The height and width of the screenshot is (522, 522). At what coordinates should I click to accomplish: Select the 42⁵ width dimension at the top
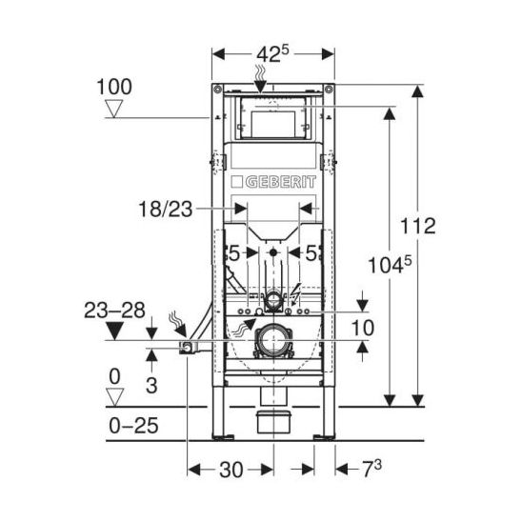pos(273,54)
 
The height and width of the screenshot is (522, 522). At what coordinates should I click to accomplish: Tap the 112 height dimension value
pos(418,226)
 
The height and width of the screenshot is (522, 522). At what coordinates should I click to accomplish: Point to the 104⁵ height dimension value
pos(390,265)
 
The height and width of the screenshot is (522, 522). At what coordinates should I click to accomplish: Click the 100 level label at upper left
pos(114,87)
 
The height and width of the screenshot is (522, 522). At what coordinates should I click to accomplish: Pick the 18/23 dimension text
pos(166,210)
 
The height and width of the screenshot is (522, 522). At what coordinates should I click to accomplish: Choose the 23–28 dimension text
pos(114,311)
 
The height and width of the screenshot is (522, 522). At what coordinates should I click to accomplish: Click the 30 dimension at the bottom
pos(231,470)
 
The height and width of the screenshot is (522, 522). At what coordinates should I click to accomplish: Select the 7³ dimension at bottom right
pos(371,469)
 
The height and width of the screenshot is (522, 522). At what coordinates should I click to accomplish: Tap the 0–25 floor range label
pos(133,426)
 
